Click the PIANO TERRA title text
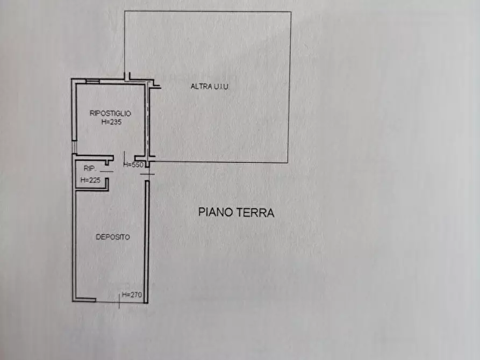click(x=237, y=212)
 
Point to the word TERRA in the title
click(x=256, y=212)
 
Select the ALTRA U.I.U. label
click(x=210, y=87)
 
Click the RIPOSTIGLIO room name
click(x=110, y=113)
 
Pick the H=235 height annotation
click(x=110, y=122)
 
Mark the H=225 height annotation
click(x=90, y=181)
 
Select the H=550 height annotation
click(x=133, y=165)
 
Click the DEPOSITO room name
click(x=112, y=237)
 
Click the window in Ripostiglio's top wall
click(x=92, y=81)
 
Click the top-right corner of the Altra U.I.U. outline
click(x=291, y=12)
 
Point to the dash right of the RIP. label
click(x=106, y=171)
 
